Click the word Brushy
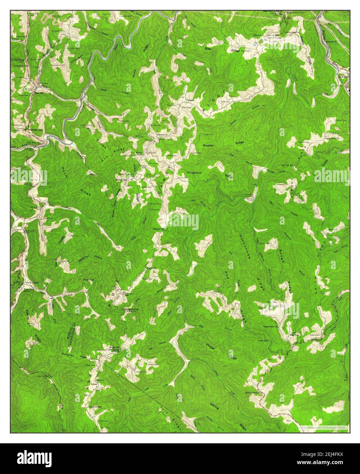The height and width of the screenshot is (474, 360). [x=208, y=146]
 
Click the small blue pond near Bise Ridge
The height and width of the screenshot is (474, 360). [x=256, y=43]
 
